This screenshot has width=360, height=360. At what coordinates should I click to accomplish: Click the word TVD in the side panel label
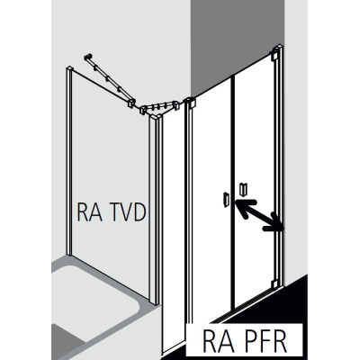[128, 211]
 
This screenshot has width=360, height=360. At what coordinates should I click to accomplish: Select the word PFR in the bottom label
[264, 342]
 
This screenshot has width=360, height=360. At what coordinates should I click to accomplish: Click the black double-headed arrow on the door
[259, 215]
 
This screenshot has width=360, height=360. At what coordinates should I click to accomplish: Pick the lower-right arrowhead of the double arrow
[274, 223]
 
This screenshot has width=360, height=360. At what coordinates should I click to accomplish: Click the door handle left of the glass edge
[226, 200]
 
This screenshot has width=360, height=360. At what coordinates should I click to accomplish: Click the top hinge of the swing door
[275, 55]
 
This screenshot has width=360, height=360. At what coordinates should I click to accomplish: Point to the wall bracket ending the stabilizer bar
[88, 57]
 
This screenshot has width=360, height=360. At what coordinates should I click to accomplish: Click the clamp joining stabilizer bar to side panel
[131, 103]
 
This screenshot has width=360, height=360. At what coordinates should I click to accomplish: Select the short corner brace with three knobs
[159, 108]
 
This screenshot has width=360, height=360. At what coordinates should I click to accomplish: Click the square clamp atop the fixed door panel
[190, 103]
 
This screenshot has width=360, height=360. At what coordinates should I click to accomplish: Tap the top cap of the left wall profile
[69, 68]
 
